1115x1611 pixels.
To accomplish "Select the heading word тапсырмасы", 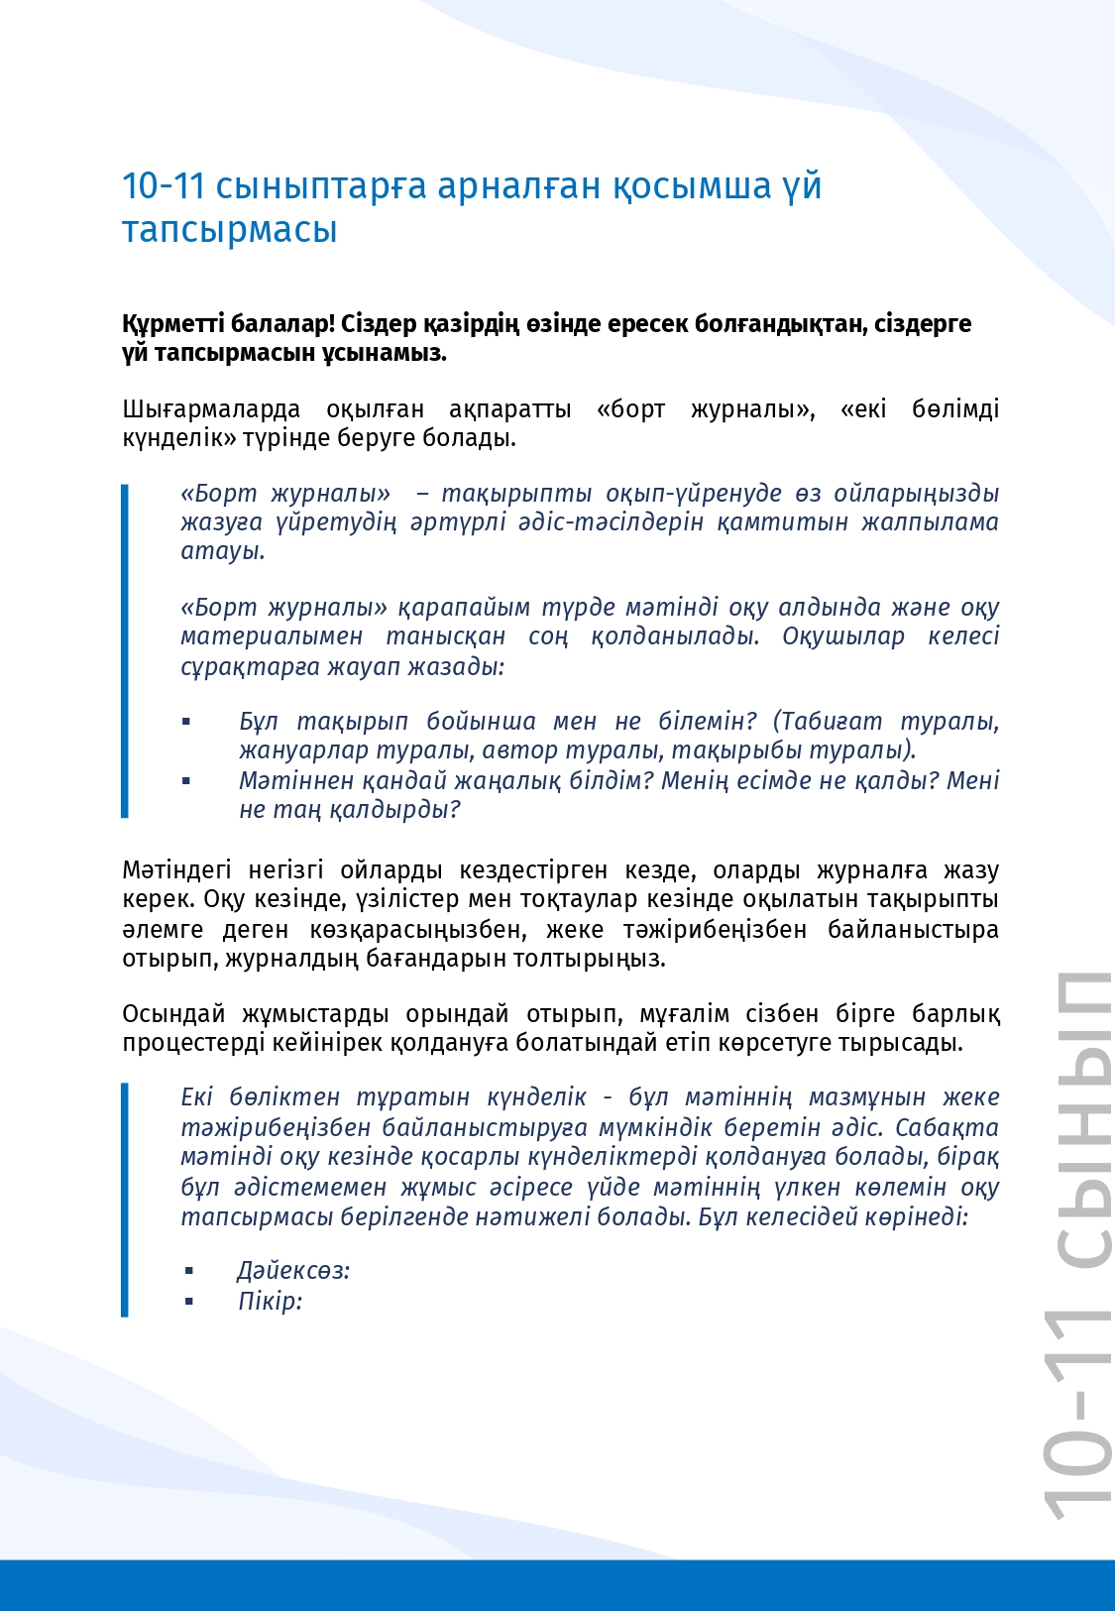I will point(229,229).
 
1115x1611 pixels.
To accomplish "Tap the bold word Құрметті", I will point(171,324).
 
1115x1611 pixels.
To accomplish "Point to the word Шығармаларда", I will point(211,409).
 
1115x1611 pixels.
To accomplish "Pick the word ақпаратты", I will point(509,409).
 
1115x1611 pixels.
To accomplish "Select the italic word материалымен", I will point(272,636).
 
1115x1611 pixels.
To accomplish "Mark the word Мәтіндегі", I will point(176,870).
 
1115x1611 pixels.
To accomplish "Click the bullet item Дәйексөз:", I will point(293,1271).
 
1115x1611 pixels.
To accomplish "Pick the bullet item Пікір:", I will point(270,1301).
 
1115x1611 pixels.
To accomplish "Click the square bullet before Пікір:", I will point(189,1301).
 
